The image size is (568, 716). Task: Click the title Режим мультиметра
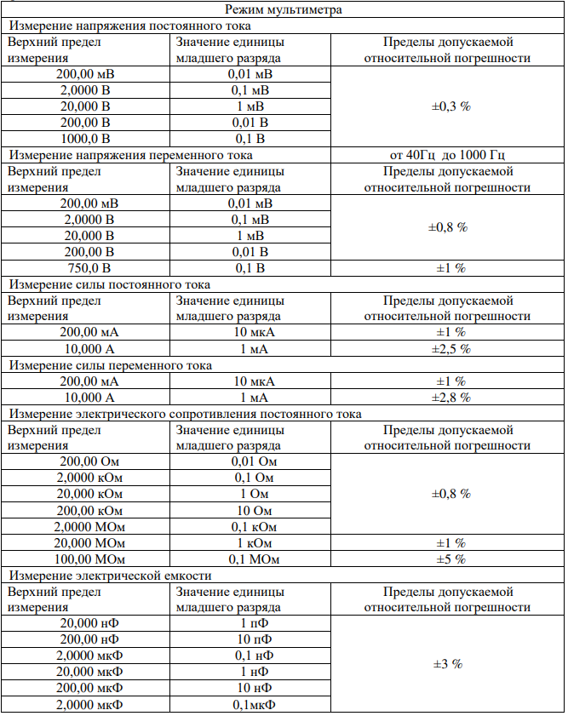(284, 10)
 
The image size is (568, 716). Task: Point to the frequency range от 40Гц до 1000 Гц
(447, 155)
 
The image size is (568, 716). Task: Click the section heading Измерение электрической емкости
(110, 576)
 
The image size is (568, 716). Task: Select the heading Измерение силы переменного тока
(110, 365)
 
